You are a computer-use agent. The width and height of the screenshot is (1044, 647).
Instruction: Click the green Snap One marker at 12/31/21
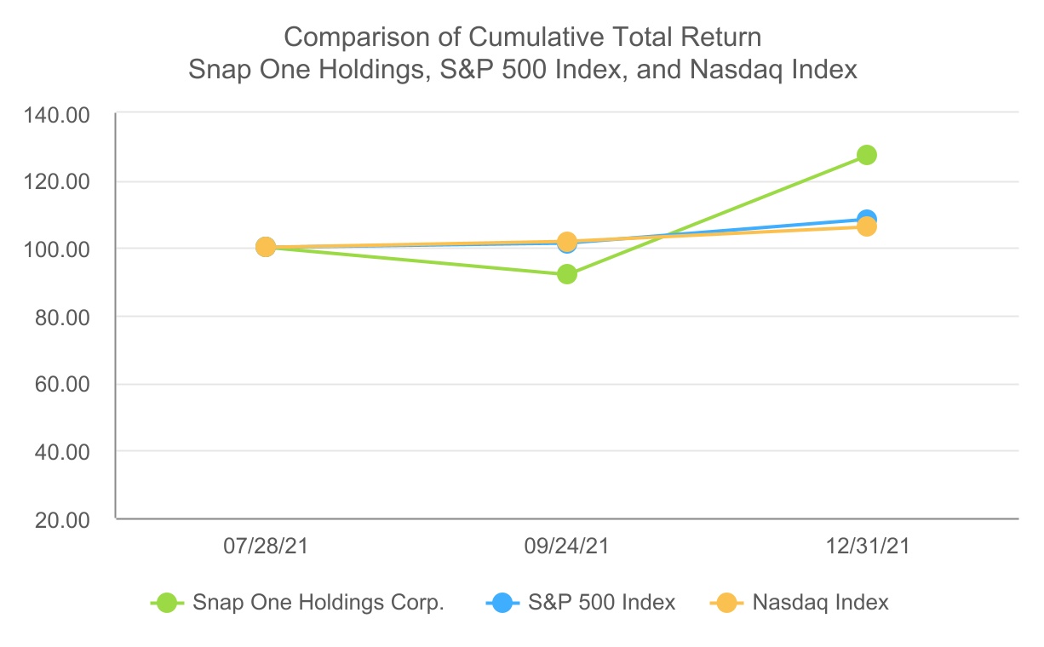pos(867,155)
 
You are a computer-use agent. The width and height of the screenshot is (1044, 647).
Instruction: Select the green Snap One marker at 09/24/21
pos(566,274)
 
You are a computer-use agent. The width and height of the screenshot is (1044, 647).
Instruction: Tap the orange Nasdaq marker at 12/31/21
pos(867,226)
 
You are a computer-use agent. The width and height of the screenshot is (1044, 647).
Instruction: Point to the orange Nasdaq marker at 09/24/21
pos(566,242)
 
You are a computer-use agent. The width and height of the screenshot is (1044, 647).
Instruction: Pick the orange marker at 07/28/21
pos(265,247)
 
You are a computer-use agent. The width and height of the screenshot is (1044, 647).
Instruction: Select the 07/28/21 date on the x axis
pos(265,546)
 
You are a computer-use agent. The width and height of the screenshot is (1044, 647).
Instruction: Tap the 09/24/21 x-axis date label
pos(566,546)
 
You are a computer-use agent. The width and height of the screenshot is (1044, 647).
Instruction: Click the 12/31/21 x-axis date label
pos(867,546)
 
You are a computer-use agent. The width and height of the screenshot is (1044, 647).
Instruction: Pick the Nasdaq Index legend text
pos(820,603)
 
